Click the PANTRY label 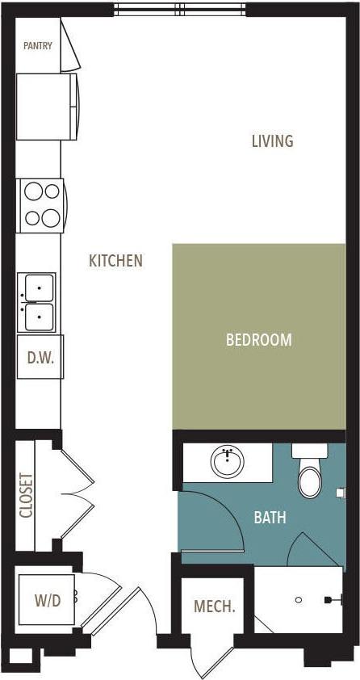pos(37,46)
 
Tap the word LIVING pos(272,141)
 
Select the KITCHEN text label pos(115,261)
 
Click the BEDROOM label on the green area pos(258,340)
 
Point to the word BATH pos(270,518)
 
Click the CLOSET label pos(26,495)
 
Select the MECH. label pos(215,607)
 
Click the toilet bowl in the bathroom pos(310,482)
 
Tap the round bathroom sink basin pos(229,463)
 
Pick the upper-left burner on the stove pos(32,191)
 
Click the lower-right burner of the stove pos(50,216)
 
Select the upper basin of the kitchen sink pos(39,288)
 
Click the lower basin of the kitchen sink pos(39,317)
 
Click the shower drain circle pos(299,600)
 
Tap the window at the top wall pos(179,10)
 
